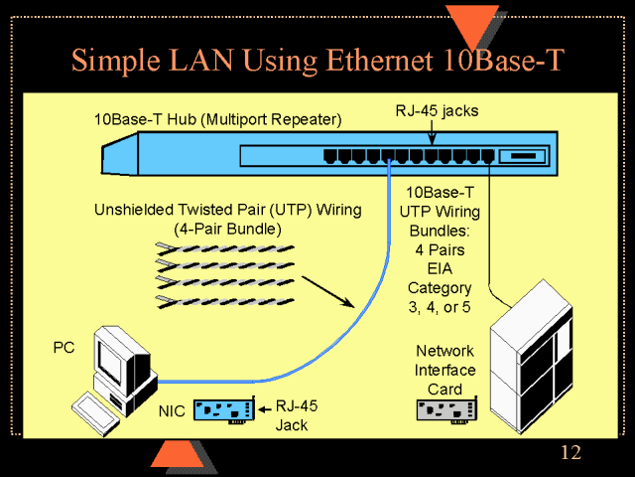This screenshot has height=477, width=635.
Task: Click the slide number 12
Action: tap(571, 454)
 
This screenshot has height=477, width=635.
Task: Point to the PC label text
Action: tap(63, 348)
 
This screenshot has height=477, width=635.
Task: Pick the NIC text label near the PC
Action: tap(173, 409)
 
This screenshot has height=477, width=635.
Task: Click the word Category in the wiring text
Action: tap(440, 288)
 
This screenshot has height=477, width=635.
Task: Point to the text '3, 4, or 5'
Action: tap(440, 307)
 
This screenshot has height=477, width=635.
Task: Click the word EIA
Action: tap(440, 268)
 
